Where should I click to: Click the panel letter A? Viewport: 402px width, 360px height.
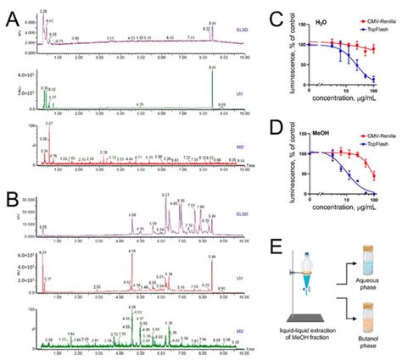(8, 9)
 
